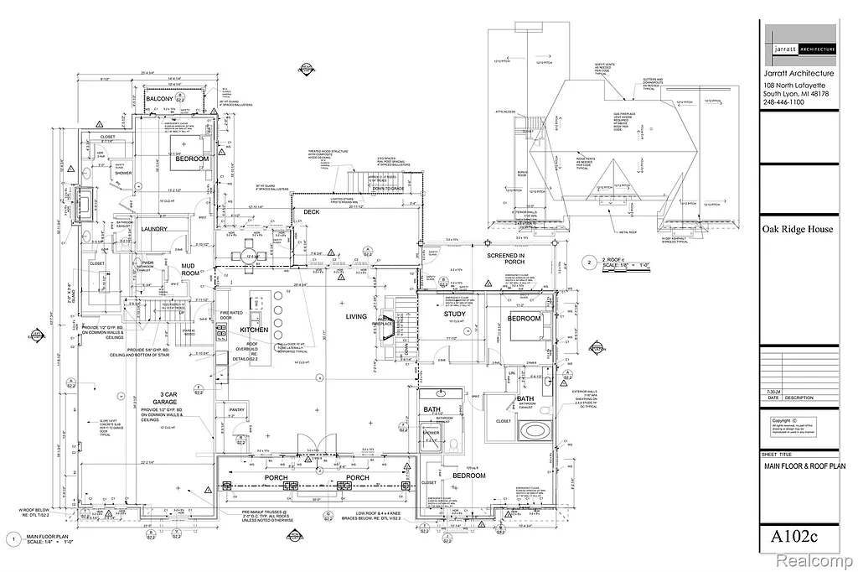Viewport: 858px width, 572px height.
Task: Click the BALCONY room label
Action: [160, 99]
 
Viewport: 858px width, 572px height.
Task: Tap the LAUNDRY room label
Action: [154, 229]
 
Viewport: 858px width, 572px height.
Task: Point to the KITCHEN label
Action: [254, 330]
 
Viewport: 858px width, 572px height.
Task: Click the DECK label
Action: [312, 212]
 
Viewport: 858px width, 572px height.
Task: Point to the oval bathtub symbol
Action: [533, 432]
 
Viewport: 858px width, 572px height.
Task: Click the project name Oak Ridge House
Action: [797, 229]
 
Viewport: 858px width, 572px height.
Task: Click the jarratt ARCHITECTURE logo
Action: [800, 50]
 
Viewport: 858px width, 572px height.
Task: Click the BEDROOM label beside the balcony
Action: [192, 159]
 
